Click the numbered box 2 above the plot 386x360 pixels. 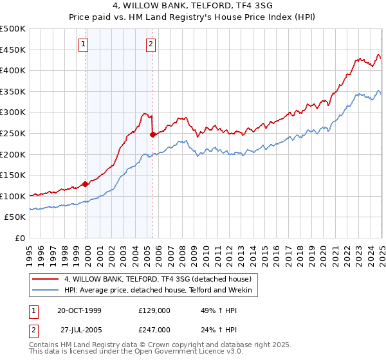(x=151, y=44)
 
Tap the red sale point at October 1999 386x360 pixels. (x=85, y=184)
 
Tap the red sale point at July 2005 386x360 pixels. (x=152, y=134)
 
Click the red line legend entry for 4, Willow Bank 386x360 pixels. (x=161, y=279)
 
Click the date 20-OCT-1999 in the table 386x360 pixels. (x=79, y=310)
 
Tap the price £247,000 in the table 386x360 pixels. (x=154, y=329)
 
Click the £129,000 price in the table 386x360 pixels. (x=154, y=310)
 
